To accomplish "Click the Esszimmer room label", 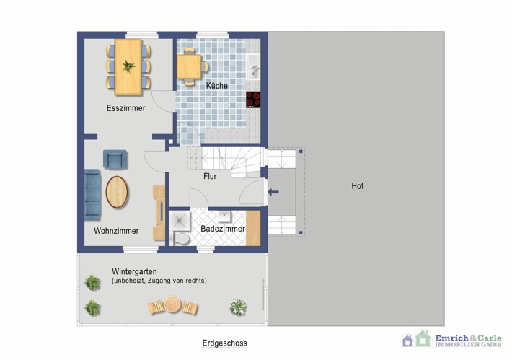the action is [x=125, y=108].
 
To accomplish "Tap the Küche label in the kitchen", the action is [x=217, y=86].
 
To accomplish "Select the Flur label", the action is [x=210, y=177].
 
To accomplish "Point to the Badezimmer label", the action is [x=223, y=229].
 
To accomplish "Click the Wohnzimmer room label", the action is [x=116, y=231].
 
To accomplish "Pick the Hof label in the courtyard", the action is [x=357, y=186].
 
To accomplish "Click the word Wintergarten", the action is [x=134, y=271].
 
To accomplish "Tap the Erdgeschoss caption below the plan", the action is [x=225, y=343].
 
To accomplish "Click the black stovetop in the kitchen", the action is [x=253, y=100].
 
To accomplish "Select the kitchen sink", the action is [x=253, y=66].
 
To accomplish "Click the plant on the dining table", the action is [x=128, y=66].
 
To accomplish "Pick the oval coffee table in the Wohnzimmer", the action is [x=117, y=192].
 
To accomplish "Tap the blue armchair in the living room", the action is [x=115, y=159].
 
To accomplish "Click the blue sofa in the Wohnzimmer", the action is [x=92, y=194].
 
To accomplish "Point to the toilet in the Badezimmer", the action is [x=180, y=239].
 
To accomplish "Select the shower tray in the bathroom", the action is [x=180, y=221].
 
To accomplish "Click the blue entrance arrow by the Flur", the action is [x=273, y=192].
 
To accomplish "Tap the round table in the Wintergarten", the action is [x=172, y=304].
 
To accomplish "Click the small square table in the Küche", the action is [x=189, y=66].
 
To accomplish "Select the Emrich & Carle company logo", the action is [x=451, y=339].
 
